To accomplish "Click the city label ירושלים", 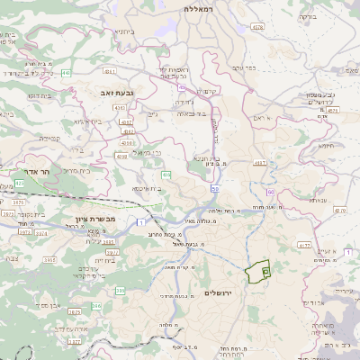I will tap(219, 293).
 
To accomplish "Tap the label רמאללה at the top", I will tap(195, 8).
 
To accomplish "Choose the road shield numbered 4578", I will tap(257, 27).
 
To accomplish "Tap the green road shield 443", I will tap(69, 74).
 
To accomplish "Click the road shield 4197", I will tap(261, 163).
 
